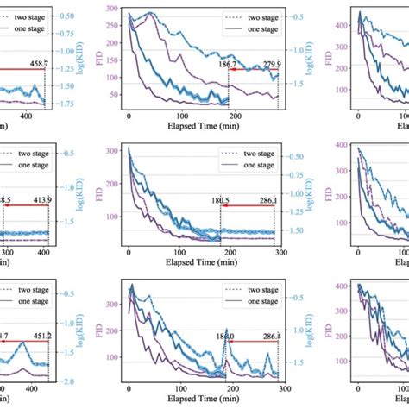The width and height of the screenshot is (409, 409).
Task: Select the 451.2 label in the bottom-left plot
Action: pos(37,337)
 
